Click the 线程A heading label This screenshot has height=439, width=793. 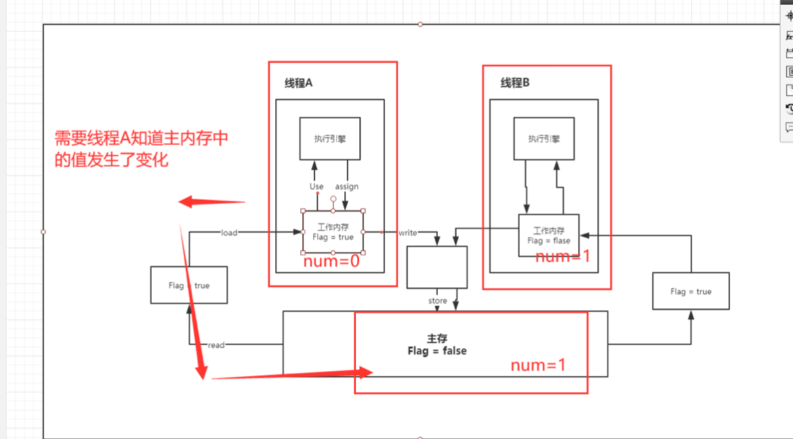pos(298,83)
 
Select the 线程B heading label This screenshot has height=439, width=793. pos(515,83)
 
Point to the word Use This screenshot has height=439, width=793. pos(317,186)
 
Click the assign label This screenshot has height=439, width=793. pos(346,186)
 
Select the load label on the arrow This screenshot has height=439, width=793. pos(229,232)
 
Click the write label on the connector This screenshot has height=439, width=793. pos(408,232)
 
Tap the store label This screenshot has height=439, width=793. pos(438,301)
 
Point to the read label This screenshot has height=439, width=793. pos(216,345)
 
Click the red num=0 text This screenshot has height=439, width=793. pos(331,262)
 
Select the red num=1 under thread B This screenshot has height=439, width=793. pos(563,257)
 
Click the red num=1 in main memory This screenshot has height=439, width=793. pos(537,365)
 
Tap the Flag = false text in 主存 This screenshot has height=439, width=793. pos(437,351)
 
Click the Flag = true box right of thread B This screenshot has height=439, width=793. pos(691,291)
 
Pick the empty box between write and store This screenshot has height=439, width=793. pos(437,267)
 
